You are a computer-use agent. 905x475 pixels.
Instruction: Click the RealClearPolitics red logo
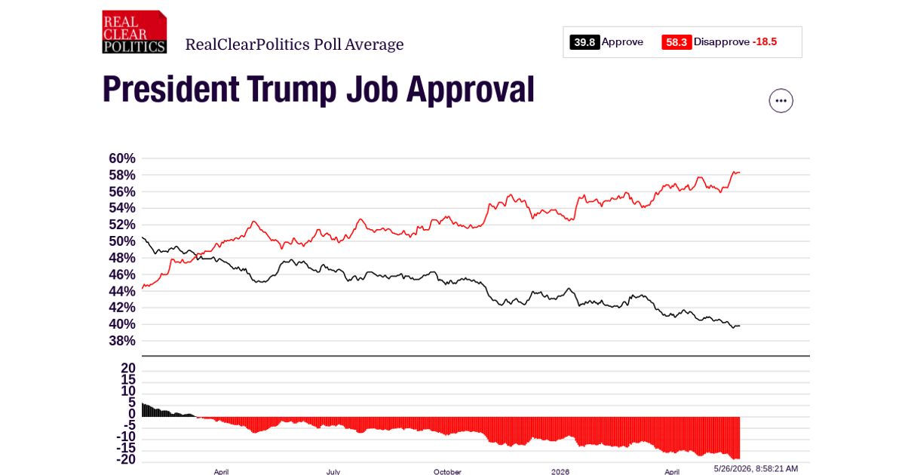[x=134, y=32]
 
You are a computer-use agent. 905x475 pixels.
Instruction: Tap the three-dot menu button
[x=781, y=100]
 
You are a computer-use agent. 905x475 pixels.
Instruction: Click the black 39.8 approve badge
[x=584, y=42]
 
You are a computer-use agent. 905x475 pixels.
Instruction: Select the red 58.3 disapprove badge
[x=676, y=42]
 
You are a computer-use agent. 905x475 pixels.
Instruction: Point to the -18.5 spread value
[x=765, y=41]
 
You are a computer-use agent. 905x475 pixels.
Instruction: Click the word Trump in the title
[x=292, y=90]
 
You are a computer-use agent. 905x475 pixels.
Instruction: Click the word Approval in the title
[x=471, y=90]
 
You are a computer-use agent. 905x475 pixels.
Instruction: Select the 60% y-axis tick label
[x=122, y=158]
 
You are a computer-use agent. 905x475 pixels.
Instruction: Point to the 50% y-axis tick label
[x=122, y=241]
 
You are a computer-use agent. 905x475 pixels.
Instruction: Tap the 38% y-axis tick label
[x=122, y=341]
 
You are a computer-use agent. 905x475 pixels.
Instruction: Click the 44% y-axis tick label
[x=122, y=291]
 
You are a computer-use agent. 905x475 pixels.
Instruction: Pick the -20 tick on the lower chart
[x=126, y=459]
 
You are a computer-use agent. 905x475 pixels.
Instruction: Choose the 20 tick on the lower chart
[x=128, y=368]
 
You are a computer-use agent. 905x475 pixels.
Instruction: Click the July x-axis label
[x=333, y=472]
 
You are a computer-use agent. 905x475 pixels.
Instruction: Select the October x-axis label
[x=447, y=472]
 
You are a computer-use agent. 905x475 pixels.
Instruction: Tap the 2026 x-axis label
[x=560, y=472]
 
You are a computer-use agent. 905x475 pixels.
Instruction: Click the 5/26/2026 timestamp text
[x=756, y=468]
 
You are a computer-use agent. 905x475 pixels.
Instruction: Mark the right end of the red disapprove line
[x=740, y=173]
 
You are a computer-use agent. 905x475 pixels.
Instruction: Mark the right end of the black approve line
[x=740, y=326]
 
